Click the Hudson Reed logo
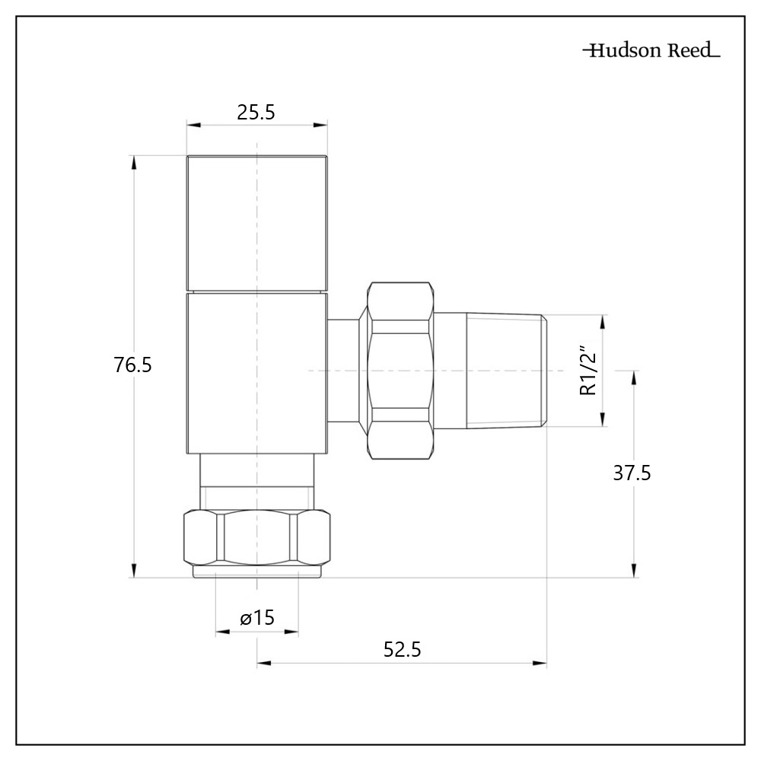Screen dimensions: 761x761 coord(651,52)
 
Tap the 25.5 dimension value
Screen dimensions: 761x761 coord(256,113)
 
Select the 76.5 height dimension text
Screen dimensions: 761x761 coord(133,365)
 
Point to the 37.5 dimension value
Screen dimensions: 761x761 coord(632,473)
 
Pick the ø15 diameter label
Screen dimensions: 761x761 coord(256,618)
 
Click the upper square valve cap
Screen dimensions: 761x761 coord(257,224)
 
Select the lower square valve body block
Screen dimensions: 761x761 coord(257,373)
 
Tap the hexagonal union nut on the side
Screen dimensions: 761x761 coord(400,371)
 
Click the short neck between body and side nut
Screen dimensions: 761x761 coord(347,371)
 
